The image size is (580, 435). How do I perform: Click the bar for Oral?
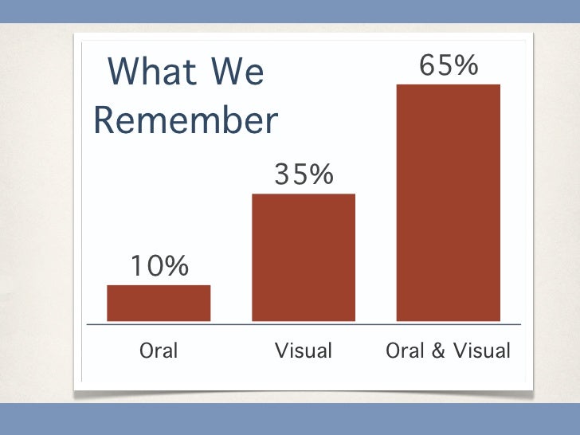tap(159, 303)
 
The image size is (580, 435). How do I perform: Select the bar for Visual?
tap(304, 257)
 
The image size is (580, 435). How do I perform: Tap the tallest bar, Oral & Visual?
tap(449, 202)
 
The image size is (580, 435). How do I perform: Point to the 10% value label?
tap(159, 266)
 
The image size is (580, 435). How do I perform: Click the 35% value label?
tap(304, 174)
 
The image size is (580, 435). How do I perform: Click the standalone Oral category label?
tap(159, 351)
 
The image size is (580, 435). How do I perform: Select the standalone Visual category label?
tap(304, 351)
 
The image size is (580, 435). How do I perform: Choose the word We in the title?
tap(237, 72)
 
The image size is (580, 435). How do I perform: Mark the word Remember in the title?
tap(186, 120)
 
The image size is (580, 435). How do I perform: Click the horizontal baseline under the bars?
tap(304, 324)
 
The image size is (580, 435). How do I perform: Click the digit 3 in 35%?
tap(283, 174)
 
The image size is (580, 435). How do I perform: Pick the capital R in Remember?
tap(105, 120)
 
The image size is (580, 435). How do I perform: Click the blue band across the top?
tap(290, 11)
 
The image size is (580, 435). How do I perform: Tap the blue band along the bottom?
tap(290, 418)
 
